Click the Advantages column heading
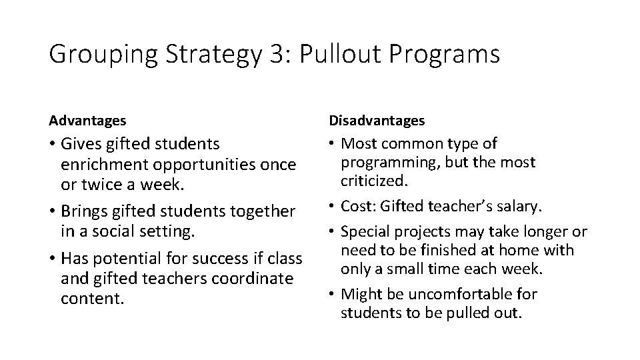(87, 121)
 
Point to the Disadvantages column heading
(377, 121)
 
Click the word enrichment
(100, 163)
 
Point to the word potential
(135, 258)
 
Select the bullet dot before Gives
(53, 144)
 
